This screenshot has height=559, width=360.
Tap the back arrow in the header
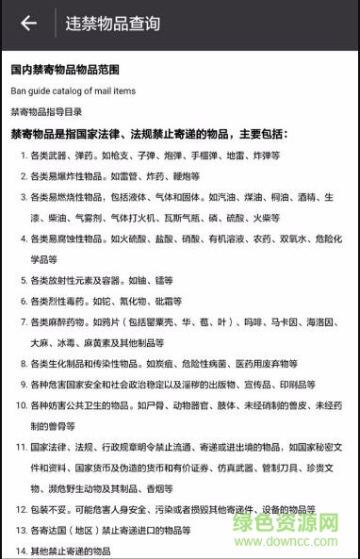point(28,24)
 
